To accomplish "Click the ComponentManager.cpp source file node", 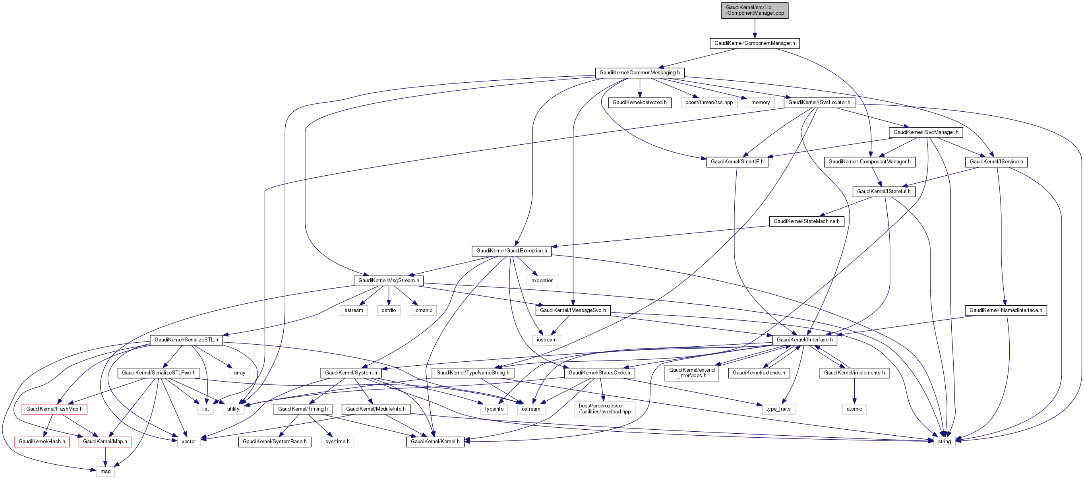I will click(755, 10).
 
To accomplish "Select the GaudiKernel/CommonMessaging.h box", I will click(639, 73).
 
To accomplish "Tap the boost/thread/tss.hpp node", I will click(708, 103).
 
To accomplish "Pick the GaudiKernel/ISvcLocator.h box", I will click(819, 103).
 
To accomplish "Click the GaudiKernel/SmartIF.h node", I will click(737, 162).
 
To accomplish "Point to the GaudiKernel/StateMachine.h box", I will click(806, 221).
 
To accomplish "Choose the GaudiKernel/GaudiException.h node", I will click(511, 251).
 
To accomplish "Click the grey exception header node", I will click(542, 281).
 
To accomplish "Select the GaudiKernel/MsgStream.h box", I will click(388, 281).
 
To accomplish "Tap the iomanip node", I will click(423, 310).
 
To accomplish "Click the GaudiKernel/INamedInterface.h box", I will click(1005, 310).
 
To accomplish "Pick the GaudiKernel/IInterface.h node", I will click(804, 340).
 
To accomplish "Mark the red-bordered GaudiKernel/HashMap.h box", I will click(54, 409).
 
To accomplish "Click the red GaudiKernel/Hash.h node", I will click(42, 442).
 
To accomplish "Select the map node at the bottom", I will click(105, 472).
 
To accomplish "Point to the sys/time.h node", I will click(337, 442).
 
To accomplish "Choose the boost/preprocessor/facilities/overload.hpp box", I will click(604, 409).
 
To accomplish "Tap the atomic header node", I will click(854, 409).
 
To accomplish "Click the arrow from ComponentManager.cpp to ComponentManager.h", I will click(755, 28).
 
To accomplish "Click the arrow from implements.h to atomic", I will click(854, 391).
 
